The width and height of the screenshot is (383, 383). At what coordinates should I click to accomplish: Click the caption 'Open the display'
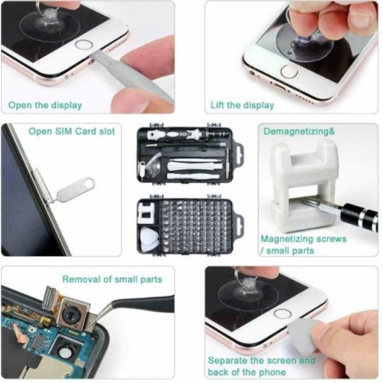[x=45, y=105]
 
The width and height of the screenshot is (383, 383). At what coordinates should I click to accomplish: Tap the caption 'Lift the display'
[x=242, y=105]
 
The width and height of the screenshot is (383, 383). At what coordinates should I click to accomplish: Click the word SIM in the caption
[x=61, y=131]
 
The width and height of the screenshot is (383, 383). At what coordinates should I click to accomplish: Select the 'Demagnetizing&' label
[x=299, y=132]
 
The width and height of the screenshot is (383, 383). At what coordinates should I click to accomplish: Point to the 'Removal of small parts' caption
[x=112, y=279]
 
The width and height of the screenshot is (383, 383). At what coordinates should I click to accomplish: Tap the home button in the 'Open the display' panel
[x=83, y=44]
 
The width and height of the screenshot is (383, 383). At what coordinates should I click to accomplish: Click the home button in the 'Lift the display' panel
[x=289, y=71]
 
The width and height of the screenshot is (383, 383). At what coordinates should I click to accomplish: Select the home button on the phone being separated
[x=283, y=313]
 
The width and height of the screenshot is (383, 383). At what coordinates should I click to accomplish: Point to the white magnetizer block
[x=304, y=186]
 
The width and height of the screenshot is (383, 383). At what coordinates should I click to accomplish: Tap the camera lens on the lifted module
[x=70, y=315]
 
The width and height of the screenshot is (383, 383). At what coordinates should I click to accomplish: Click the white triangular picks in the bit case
[x=149, y=239]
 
